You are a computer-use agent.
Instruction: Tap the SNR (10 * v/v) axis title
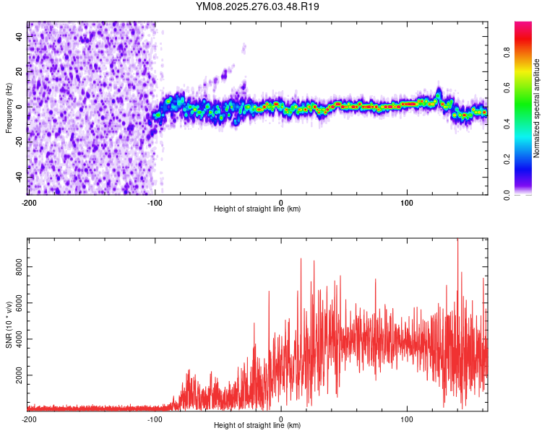pyautogui.click(x=9, y=324)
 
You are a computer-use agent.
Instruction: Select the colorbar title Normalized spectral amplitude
pyautogui.click(x=537, y=108)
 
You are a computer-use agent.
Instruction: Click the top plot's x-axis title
pyautogui.click(x=257, y=209)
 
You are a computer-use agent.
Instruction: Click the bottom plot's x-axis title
pyautogui.click(x=257, y=425)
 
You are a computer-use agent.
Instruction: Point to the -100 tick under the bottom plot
pyautogui.click(x=155, y=418)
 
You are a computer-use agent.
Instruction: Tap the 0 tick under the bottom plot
pyautogui.click(x=281, y=418)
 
